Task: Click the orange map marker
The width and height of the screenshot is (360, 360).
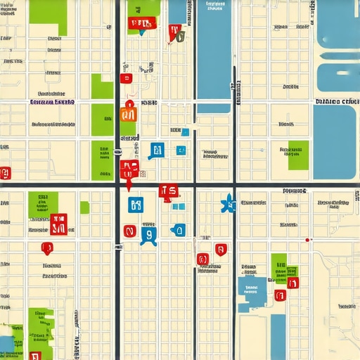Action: (x=128, y=111)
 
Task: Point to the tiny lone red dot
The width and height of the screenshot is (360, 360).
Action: (x=307, y=240)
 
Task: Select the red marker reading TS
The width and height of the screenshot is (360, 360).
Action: (x=168, y=191)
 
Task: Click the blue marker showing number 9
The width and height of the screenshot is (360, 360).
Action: (x=148, y=234)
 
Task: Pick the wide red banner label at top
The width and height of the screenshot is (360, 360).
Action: (x=140, y=25)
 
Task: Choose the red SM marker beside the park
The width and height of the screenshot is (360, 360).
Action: (x=58, y=224)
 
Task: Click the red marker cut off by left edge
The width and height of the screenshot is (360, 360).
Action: (x=5, y=173)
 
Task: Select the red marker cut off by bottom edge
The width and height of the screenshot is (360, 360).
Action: (x=35, y=356)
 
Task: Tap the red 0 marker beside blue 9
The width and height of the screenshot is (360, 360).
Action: (x=129, y=231)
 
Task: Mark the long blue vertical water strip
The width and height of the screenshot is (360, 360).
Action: (x=214, y=53)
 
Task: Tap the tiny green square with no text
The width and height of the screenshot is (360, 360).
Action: (x=84, y=207)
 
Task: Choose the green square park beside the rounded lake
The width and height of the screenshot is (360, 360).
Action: (x=298, y=155)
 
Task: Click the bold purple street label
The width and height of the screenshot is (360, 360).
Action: (x=53, y=103)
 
